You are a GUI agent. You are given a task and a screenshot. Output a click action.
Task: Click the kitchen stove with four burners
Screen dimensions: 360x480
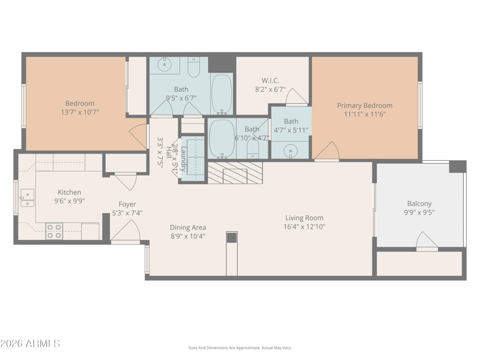coord(54,231)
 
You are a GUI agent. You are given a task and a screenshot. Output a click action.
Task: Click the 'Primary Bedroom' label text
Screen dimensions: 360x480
coord(364,106)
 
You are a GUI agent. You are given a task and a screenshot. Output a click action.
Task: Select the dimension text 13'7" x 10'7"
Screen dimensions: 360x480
coord(79,112)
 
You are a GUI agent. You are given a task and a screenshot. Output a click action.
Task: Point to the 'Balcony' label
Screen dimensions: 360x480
coord(419,203)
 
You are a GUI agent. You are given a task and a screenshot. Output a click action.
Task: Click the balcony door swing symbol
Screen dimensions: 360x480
coord(427,242)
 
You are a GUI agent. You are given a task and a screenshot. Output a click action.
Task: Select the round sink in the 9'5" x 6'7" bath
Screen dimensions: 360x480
coord(164,64)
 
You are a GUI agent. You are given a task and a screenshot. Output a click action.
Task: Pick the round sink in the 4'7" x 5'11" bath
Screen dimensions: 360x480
coord(291,150)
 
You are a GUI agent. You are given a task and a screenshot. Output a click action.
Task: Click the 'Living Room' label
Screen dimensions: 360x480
coord(304,218)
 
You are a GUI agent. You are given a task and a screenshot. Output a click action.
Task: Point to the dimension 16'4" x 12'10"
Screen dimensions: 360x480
coord(304,226)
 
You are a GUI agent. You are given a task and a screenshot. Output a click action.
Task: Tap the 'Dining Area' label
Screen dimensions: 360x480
coord(188,227)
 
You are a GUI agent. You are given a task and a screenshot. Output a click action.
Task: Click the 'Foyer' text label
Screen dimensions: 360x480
coord(127,204)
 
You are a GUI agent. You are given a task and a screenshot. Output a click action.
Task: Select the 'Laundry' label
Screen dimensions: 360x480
coord(184,158)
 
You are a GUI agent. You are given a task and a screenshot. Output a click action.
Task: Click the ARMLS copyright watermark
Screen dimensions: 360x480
coord(30,344)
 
